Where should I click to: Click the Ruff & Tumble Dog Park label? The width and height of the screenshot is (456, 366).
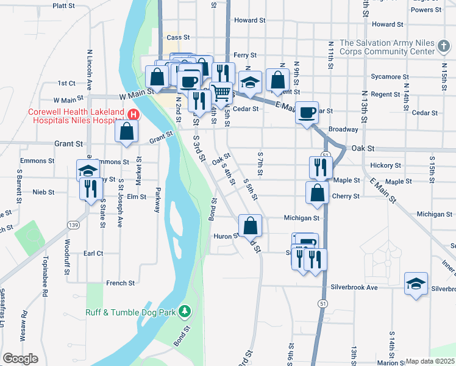(x=130, y=313)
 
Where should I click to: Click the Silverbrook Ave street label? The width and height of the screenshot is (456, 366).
(x=354, y=287)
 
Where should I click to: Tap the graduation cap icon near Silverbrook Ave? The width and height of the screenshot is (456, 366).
(x=416, y=284)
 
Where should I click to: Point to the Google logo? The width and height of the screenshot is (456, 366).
(x=21, y=359)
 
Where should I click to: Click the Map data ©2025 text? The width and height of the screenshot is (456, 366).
(x=430, y=361)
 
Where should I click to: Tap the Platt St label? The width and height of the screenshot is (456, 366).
(x=63, y=5)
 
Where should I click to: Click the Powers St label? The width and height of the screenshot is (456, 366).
(x=426, y=10)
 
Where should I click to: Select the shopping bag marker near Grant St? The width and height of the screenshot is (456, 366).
(x=126, y=132)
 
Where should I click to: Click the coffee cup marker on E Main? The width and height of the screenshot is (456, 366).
(x=307, y=112)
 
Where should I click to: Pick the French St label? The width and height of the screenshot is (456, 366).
(x=120, y=283)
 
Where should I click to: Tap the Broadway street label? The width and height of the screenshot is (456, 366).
(x=343, y=129)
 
